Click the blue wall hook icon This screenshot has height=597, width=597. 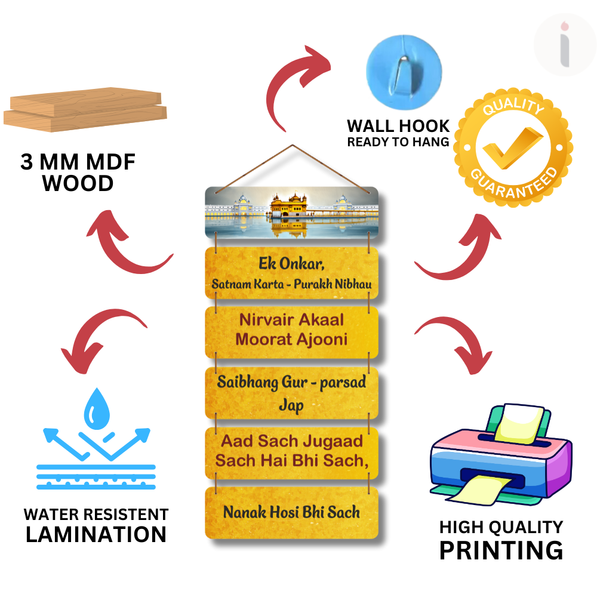404,66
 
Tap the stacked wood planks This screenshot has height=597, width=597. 85,107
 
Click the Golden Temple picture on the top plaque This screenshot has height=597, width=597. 292,213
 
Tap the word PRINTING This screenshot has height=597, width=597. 501,549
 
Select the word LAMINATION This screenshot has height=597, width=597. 96,534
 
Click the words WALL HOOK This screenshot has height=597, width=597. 398,126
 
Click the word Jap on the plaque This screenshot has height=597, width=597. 291,406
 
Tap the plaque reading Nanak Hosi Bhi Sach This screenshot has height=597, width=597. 291,512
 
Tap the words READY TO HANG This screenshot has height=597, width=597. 398,142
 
